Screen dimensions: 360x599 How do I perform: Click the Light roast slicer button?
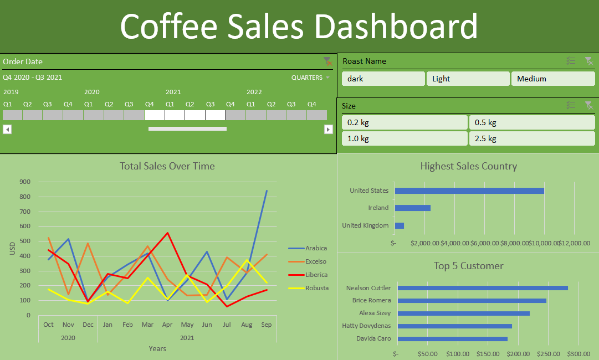467,79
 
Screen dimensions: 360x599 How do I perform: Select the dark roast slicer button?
383,79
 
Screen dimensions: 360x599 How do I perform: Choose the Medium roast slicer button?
552,79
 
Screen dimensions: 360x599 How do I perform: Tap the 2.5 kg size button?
532,138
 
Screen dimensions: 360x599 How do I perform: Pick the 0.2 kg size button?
405,122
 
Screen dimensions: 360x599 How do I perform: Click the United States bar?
469,191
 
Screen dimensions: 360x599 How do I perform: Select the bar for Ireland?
412,208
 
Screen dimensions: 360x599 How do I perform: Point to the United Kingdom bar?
399,225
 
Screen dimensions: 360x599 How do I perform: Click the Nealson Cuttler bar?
483,288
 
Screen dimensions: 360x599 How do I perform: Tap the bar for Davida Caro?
453,338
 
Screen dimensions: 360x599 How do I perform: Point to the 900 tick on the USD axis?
24,182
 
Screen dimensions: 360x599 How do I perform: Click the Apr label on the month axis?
167,325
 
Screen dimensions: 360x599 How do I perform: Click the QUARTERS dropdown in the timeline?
310,78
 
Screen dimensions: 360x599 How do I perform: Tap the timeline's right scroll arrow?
329,129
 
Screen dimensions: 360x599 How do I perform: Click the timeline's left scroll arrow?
7,129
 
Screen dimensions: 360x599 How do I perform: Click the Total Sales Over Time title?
167,166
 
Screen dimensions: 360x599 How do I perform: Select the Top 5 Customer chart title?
468,266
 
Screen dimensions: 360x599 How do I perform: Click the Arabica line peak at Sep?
267,191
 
